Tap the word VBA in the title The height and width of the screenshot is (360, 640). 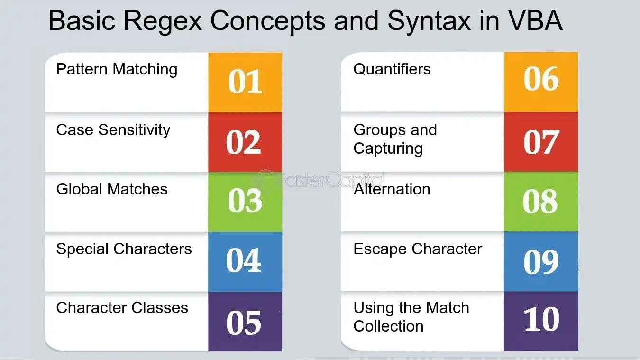click(536, 20)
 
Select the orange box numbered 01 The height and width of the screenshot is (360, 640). click(245, 83)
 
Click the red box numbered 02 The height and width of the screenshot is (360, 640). click(245, 142)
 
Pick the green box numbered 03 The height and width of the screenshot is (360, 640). click(245, 202)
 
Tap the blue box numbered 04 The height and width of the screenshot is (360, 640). click(245, 262)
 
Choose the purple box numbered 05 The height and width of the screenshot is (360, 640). click(245, 322)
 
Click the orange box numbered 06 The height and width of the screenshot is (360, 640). click(541, 82)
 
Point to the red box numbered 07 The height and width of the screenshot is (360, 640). click(541, 142)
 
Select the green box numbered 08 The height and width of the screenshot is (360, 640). click(541, 202)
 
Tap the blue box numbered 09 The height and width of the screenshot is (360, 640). click(541, 261)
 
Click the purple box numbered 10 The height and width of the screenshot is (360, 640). click(541, 321)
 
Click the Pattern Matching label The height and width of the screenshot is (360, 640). click(117, 70)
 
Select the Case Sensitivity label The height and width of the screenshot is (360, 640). click(113, 130)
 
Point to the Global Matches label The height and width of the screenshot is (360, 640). click(112, 189)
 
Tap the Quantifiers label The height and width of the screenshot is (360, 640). click(392, 69)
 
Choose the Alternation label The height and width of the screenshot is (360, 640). click(392, 189)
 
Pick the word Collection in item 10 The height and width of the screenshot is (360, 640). click(388, 326)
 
